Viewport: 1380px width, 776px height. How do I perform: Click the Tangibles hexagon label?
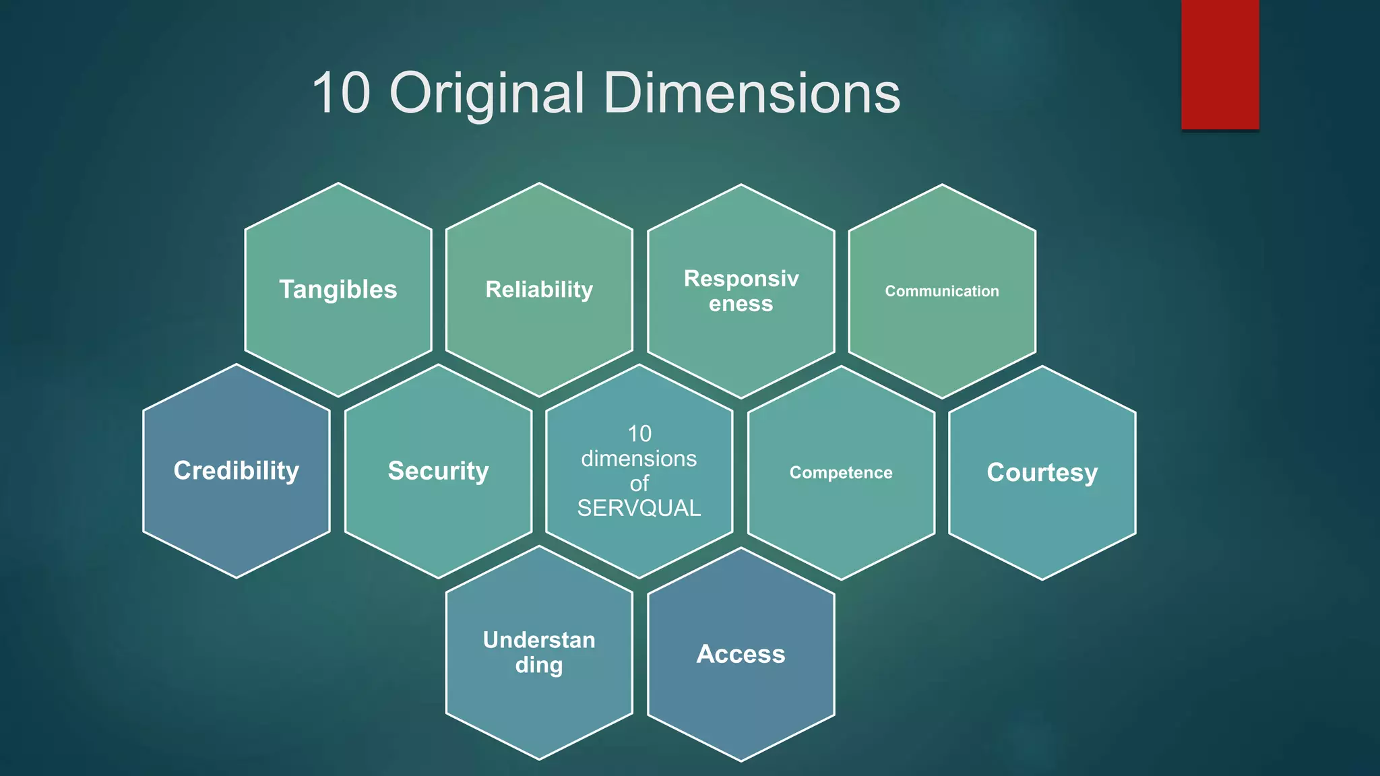point(338,290)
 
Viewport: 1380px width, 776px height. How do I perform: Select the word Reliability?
point(539,290)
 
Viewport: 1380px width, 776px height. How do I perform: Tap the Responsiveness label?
point(741,291)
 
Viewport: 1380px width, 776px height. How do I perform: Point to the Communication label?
point(941,291)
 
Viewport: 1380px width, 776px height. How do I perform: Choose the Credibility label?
point(237,471)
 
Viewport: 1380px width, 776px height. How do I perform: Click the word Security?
point(438,471)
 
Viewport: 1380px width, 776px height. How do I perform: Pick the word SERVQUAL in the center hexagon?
point(639,508)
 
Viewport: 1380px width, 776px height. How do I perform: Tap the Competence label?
point(841,473)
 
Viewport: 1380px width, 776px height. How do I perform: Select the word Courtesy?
point(1042,473)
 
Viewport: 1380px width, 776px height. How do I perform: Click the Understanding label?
point(539,652)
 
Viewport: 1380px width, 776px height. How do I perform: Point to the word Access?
point(741,654)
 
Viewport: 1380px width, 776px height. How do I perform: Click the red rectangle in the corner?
point(1220,64)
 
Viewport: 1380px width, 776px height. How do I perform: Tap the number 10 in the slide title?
point(341,93)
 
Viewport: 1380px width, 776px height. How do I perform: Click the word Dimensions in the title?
point(751,93)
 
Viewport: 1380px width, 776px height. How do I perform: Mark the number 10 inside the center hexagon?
point(639,434)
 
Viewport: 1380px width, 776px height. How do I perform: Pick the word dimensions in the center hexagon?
point(639,459)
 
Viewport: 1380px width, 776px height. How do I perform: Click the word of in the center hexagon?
point(639,483)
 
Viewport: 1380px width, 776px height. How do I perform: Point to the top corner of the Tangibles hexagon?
point(338,183)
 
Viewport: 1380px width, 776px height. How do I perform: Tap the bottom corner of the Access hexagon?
point(741,761)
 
